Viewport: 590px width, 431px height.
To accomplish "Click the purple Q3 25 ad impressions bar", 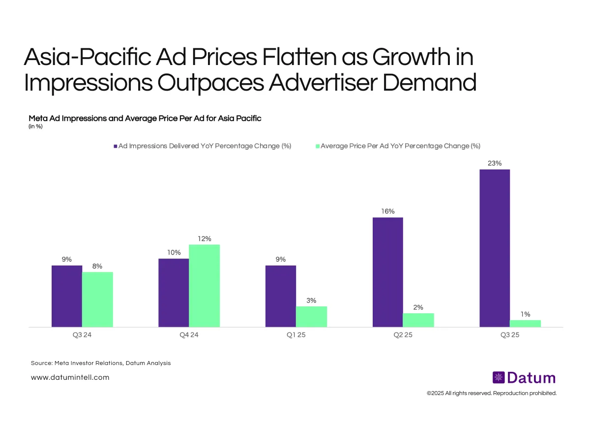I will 494,248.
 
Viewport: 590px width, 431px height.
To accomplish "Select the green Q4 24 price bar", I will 204,286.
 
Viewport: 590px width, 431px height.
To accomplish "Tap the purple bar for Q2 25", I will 387,272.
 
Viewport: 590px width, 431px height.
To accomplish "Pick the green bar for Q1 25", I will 311,316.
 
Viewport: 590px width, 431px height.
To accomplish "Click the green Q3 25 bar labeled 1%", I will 525,323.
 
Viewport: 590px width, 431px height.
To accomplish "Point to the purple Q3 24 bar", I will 67,296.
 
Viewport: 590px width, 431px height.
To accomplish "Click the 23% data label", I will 494,163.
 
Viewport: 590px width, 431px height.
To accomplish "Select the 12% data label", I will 205,238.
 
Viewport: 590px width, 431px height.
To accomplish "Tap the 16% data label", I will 387,211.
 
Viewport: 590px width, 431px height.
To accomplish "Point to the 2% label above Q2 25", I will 418,307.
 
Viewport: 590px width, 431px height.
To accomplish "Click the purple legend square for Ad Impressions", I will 116,146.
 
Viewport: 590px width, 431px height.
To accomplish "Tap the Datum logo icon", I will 499,378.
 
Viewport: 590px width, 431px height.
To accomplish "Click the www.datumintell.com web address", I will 70,377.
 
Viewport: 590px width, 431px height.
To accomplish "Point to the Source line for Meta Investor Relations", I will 101,363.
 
